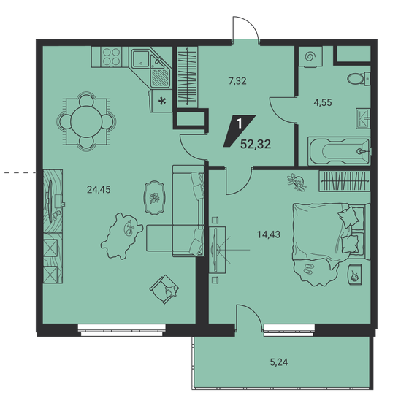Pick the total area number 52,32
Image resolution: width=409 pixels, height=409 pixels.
(255, 144)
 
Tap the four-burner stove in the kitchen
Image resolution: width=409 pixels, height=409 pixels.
(112, 56)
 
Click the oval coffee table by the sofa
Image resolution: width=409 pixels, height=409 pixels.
(154, 197)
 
